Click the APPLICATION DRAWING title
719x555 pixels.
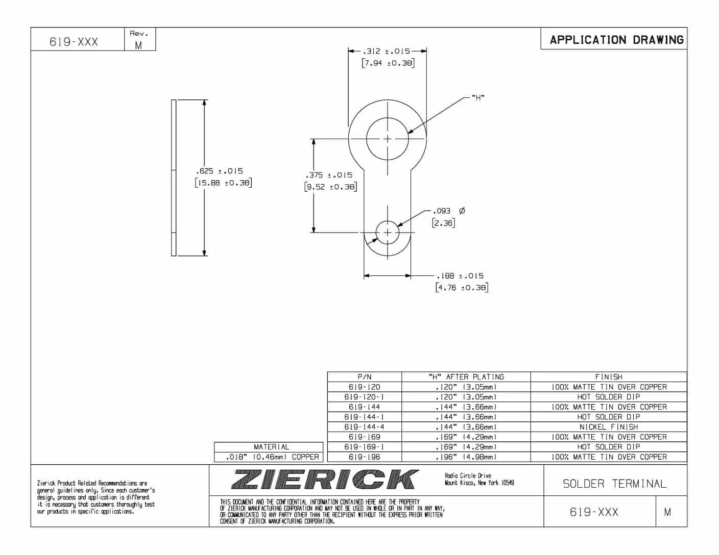(x=616, y=40)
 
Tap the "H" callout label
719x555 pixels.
(x=477, y=97)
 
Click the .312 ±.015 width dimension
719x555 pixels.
(x=387, y=52)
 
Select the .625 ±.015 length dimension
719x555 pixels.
(x=220, y=171)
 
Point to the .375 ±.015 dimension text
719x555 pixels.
(x=329, y=175)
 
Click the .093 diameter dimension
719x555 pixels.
(x=442, y=211)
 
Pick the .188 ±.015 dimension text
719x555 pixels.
(x=460, y=276)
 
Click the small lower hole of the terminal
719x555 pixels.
(x=387, y=233)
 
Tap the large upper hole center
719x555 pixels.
(x=387, y=139)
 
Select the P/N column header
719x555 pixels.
(x=364, y=377)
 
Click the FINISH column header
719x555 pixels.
(x=608, y=377)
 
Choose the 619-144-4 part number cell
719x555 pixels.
(x=364, y=427)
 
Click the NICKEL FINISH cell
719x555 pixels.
(x=608, y=427)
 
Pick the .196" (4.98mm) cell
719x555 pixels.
(x=466, y=457)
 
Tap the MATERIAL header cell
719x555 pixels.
(x=271, y=447)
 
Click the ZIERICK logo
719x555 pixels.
(x=325, y=480)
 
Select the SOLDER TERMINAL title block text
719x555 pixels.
(x=614, y=484)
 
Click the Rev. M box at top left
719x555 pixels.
(x=138, y=40)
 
